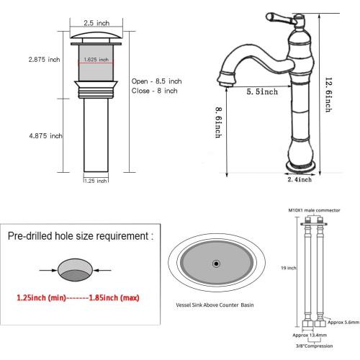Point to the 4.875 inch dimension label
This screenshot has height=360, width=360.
tap(25, 135)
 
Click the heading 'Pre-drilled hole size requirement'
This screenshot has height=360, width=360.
tap(79, 235)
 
